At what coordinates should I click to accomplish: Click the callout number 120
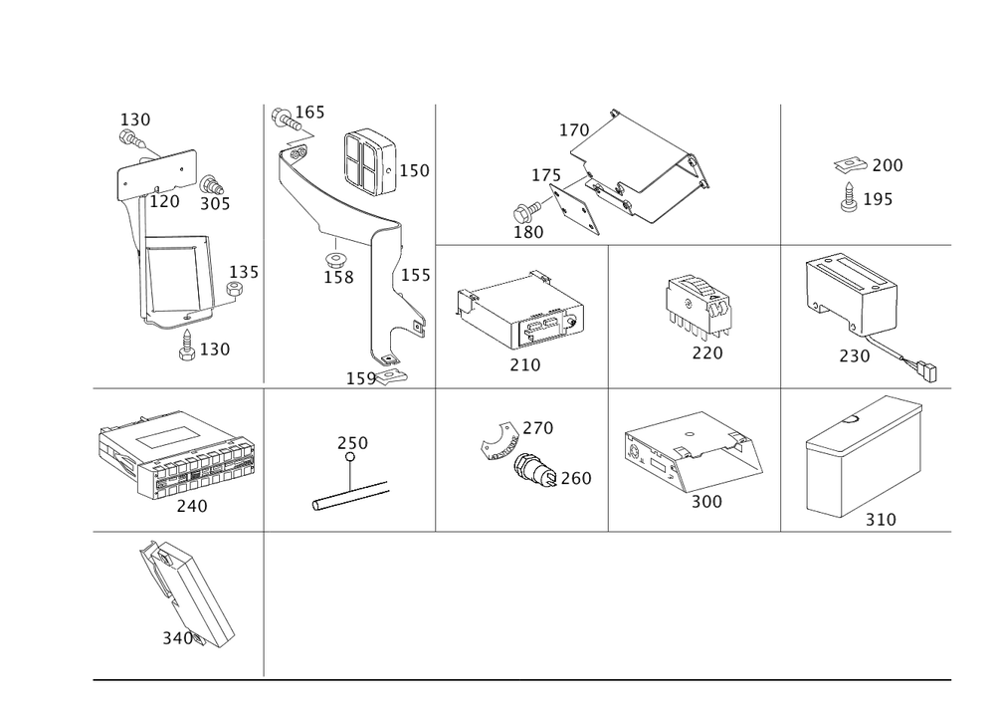pyautogui.click(x=166, y=201)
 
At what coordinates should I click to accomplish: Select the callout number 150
pyautogui.click(x=415, y=171)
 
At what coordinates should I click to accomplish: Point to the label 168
pyautogui.click(x=338, y=277)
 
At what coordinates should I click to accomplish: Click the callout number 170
pyautogui.click(x=575, y=130)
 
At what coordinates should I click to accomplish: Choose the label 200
pyautogui.click(x=886, y=165)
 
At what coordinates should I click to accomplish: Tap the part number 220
pyautogui.click(x=707, y=352)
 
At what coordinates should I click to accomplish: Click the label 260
pyautogui.click(x=577, y=480)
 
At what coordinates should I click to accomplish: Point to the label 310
pyautogui.click(x=881, y=519)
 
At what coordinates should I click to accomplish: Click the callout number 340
pyautogui.click(x=177, y=636)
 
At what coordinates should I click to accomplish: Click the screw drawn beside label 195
pyautogui.click(x=851, y=200)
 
